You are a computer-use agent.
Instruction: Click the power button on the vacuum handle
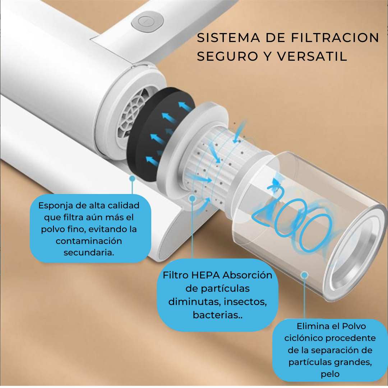click(148, 22)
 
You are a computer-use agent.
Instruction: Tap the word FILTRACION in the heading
click(335, 38)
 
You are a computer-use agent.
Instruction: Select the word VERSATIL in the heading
click(312, 56)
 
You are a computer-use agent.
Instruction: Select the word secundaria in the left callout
click(89, 253)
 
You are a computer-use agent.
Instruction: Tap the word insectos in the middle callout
click(245, 302)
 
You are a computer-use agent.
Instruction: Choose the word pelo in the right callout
click(330, 374)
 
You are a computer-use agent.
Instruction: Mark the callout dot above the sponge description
click(133, 178)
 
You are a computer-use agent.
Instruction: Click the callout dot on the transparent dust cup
click(305, 275)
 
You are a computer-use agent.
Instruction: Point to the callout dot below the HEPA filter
click(192, 198)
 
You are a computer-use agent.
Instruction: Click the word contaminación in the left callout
click(89, 241)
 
